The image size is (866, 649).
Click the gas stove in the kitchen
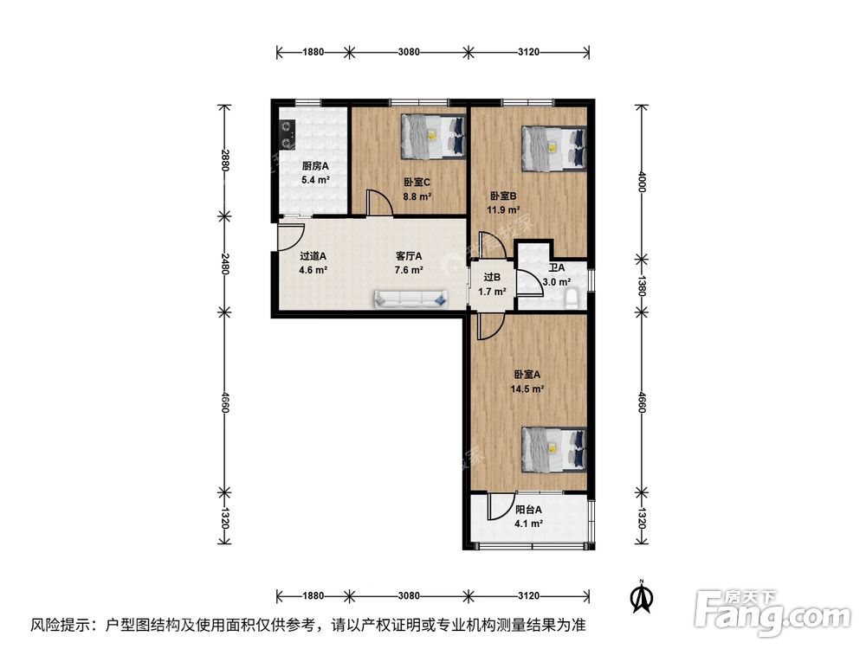pyautogui.click(x=288, y=135)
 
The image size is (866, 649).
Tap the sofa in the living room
pyautogui.click(x=411, y=299)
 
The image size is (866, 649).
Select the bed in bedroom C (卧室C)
pyautogui.click(x=433, y=137)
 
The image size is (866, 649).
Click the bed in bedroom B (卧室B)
pyautogui.click(x=554, y=149)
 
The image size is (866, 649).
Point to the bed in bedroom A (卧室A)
pyautogui.click(x=554, y=449)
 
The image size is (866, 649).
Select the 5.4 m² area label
pyautogui.click(x=315, y=180)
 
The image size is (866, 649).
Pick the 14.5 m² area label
pyautogui.click(x=527, y=389)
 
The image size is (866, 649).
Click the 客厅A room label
pyautogui.click(x=409, y=256)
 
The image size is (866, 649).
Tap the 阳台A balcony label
pyautogui.click(x=528, y=510)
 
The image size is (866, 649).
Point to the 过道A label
pyautogui.click(x=313, y=256)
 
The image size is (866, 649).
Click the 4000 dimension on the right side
pyautogui.click(x=641, y=182)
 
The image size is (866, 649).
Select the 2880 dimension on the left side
pyautogui.click(x=224, y=159)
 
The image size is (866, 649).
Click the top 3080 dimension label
pyautogui.click(x=409, y=52)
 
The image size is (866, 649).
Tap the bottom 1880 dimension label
pyautogui.click(x=313, y=595)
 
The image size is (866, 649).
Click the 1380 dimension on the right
pyautogui.click(x=641, y=286)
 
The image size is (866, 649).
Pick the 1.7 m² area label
pyautogui.click(x=492, y=292)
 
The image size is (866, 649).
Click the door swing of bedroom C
pyautogui.click(x=380, y=202)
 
